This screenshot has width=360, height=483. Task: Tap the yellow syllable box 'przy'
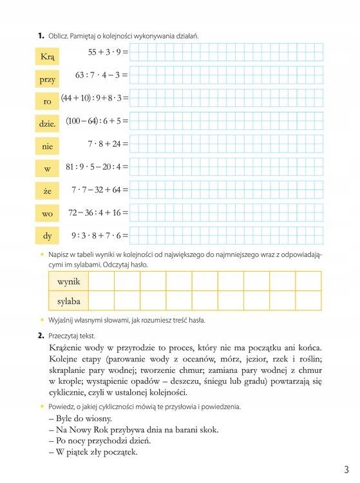(x=47, y=80)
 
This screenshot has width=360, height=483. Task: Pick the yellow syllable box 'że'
(x=47, y=191)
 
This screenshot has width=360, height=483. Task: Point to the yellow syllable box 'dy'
(x=47, y=236)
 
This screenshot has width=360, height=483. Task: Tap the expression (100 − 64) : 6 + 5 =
(x=97, y=120)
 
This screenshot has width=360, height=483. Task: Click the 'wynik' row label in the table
(x=68, y=282)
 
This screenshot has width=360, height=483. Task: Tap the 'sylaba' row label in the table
(x=68, y=301)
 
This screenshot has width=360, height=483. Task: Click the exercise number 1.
(x=40, y=36)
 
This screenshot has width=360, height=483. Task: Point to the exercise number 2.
(x=40, y=336)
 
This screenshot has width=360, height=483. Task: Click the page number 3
(x=346, y=469)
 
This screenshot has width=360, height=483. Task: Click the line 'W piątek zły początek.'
(x=93, y=451)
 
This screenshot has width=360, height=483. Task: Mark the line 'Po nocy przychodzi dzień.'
(x=99, y=440)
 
